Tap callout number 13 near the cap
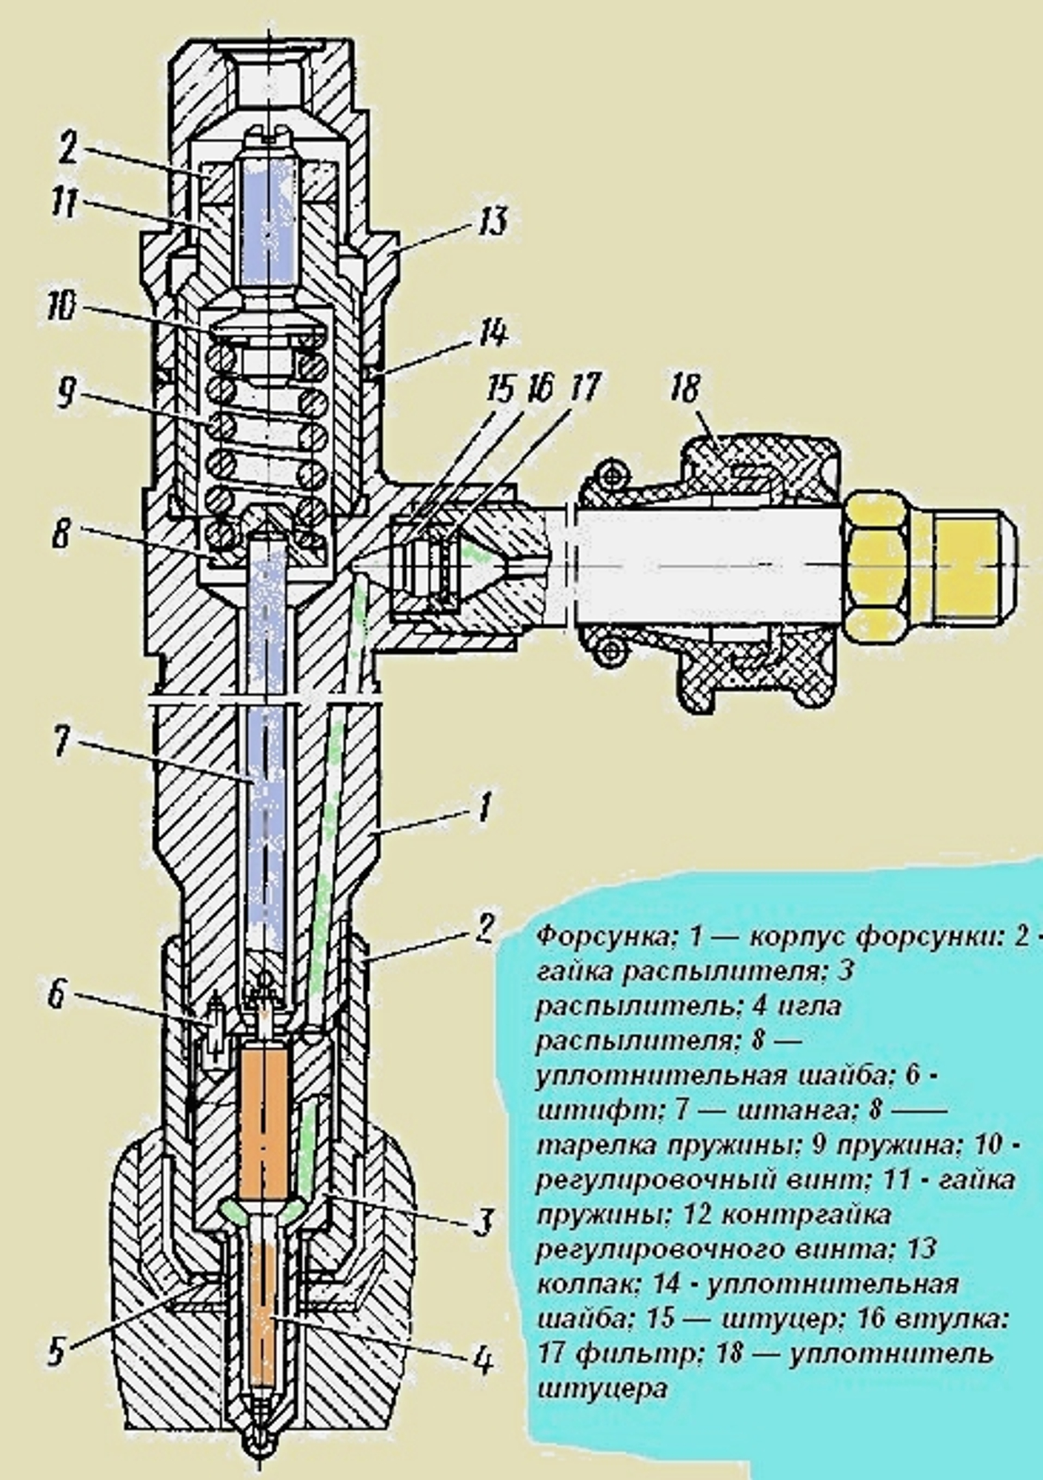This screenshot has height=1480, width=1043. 492,221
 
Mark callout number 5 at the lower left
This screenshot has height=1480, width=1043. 58,1352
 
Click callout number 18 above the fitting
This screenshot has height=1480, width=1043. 685,389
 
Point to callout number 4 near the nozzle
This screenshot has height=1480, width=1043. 483,1361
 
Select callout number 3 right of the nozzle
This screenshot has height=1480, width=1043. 482,1222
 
